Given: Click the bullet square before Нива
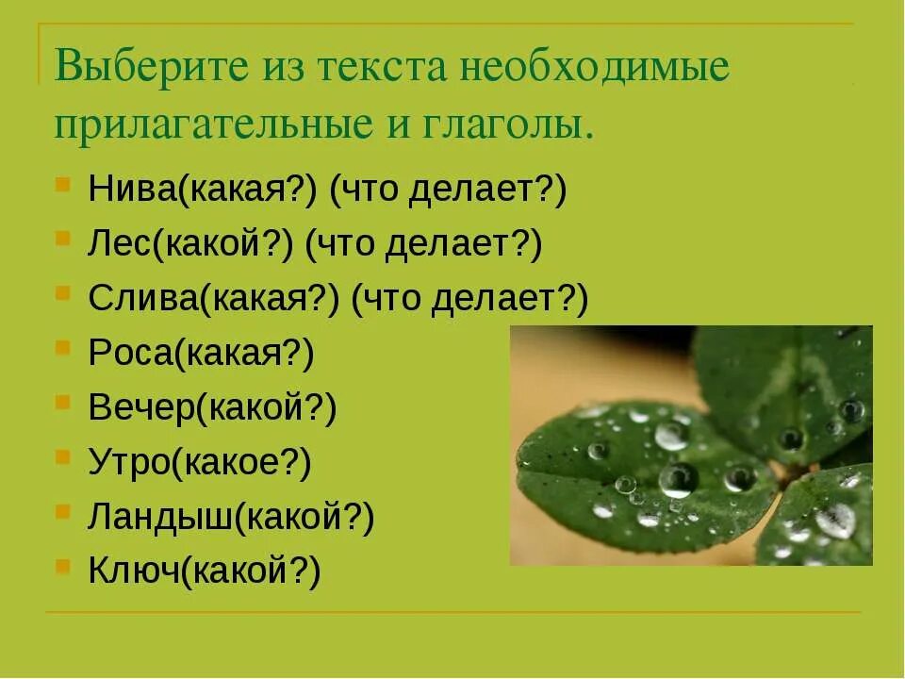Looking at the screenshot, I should click(61, 183).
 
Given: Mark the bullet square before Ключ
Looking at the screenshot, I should click(61, 564).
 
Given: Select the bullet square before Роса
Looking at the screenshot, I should click(61, 346).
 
